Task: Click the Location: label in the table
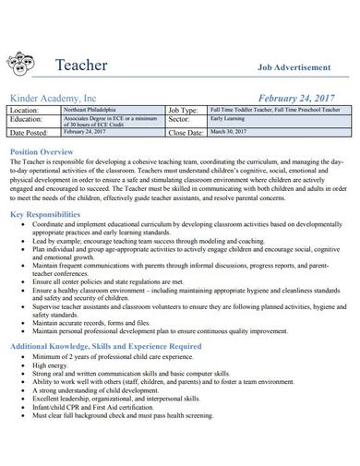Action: pyautogui.click(x=29, y=110)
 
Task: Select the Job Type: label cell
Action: pyautogui.click(x=188, y=110)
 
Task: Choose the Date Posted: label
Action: pyautogui.click(x=33, y=133)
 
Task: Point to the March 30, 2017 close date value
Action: pyautogui.click(x=232, y=132)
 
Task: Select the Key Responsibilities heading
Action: pyautogui.click(x=54, y=214)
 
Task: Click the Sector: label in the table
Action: pyautogui.click(x=182, y=120)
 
